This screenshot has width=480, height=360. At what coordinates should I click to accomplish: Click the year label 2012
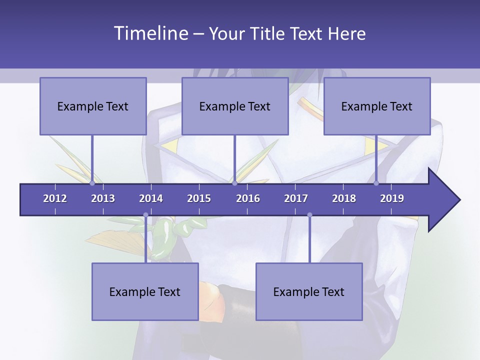tap(55, 198)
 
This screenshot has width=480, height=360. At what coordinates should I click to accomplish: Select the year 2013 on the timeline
tap(103, 198)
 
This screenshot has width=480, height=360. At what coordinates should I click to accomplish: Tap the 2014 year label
tap(151, 198)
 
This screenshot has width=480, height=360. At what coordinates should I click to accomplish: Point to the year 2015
tap(199, 198)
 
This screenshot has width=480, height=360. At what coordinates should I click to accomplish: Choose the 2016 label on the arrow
tap(248, 198)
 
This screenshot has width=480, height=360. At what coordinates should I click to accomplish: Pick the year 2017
tap(296, 198)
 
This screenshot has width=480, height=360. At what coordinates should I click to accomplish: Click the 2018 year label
tap(344, 198)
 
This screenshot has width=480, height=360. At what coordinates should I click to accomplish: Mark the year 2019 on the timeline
tap(392, 198)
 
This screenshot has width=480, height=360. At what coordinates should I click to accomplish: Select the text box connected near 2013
tap(93, 106)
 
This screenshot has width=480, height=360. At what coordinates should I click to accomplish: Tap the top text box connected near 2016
tap(235, 106)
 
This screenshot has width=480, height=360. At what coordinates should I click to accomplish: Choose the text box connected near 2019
tap(377, 106)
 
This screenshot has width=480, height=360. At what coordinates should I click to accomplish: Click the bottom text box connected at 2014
tap(145, 291)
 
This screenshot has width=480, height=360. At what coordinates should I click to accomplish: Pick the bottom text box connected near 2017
tap(309, 291)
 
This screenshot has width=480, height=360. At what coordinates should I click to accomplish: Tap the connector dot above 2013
tap(92, 183)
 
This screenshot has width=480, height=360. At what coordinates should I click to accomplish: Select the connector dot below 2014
tap(145, 215)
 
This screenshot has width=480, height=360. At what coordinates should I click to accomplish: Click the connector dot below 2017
tap(309, 215)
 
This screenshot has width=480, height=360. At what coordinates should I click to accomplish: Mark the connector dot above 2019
tap(376, 183)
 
